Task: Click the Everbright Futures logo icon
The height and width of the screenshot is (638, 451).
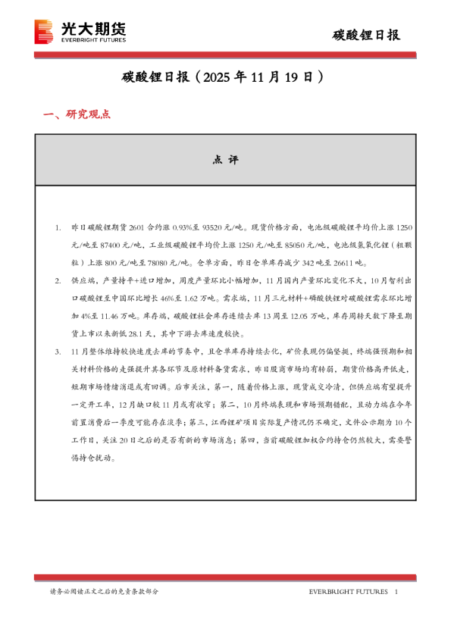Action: coord(44,32)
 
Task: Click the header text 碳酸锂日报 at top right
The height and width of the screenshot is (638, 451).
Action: coord(367,35)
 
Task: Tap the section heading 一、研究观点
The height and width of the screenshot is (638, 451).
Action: coord(77,114)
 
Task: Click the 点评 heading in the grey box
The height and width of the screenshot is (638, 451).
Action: coord(225,161)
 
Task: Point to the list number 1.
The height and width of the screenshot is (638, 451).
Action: coord(58,227)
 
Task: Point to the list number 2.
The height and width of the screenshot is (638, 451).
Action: coord(58,281)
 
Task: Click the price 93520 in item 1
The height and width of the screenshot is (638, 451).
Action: coord(216,227)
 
